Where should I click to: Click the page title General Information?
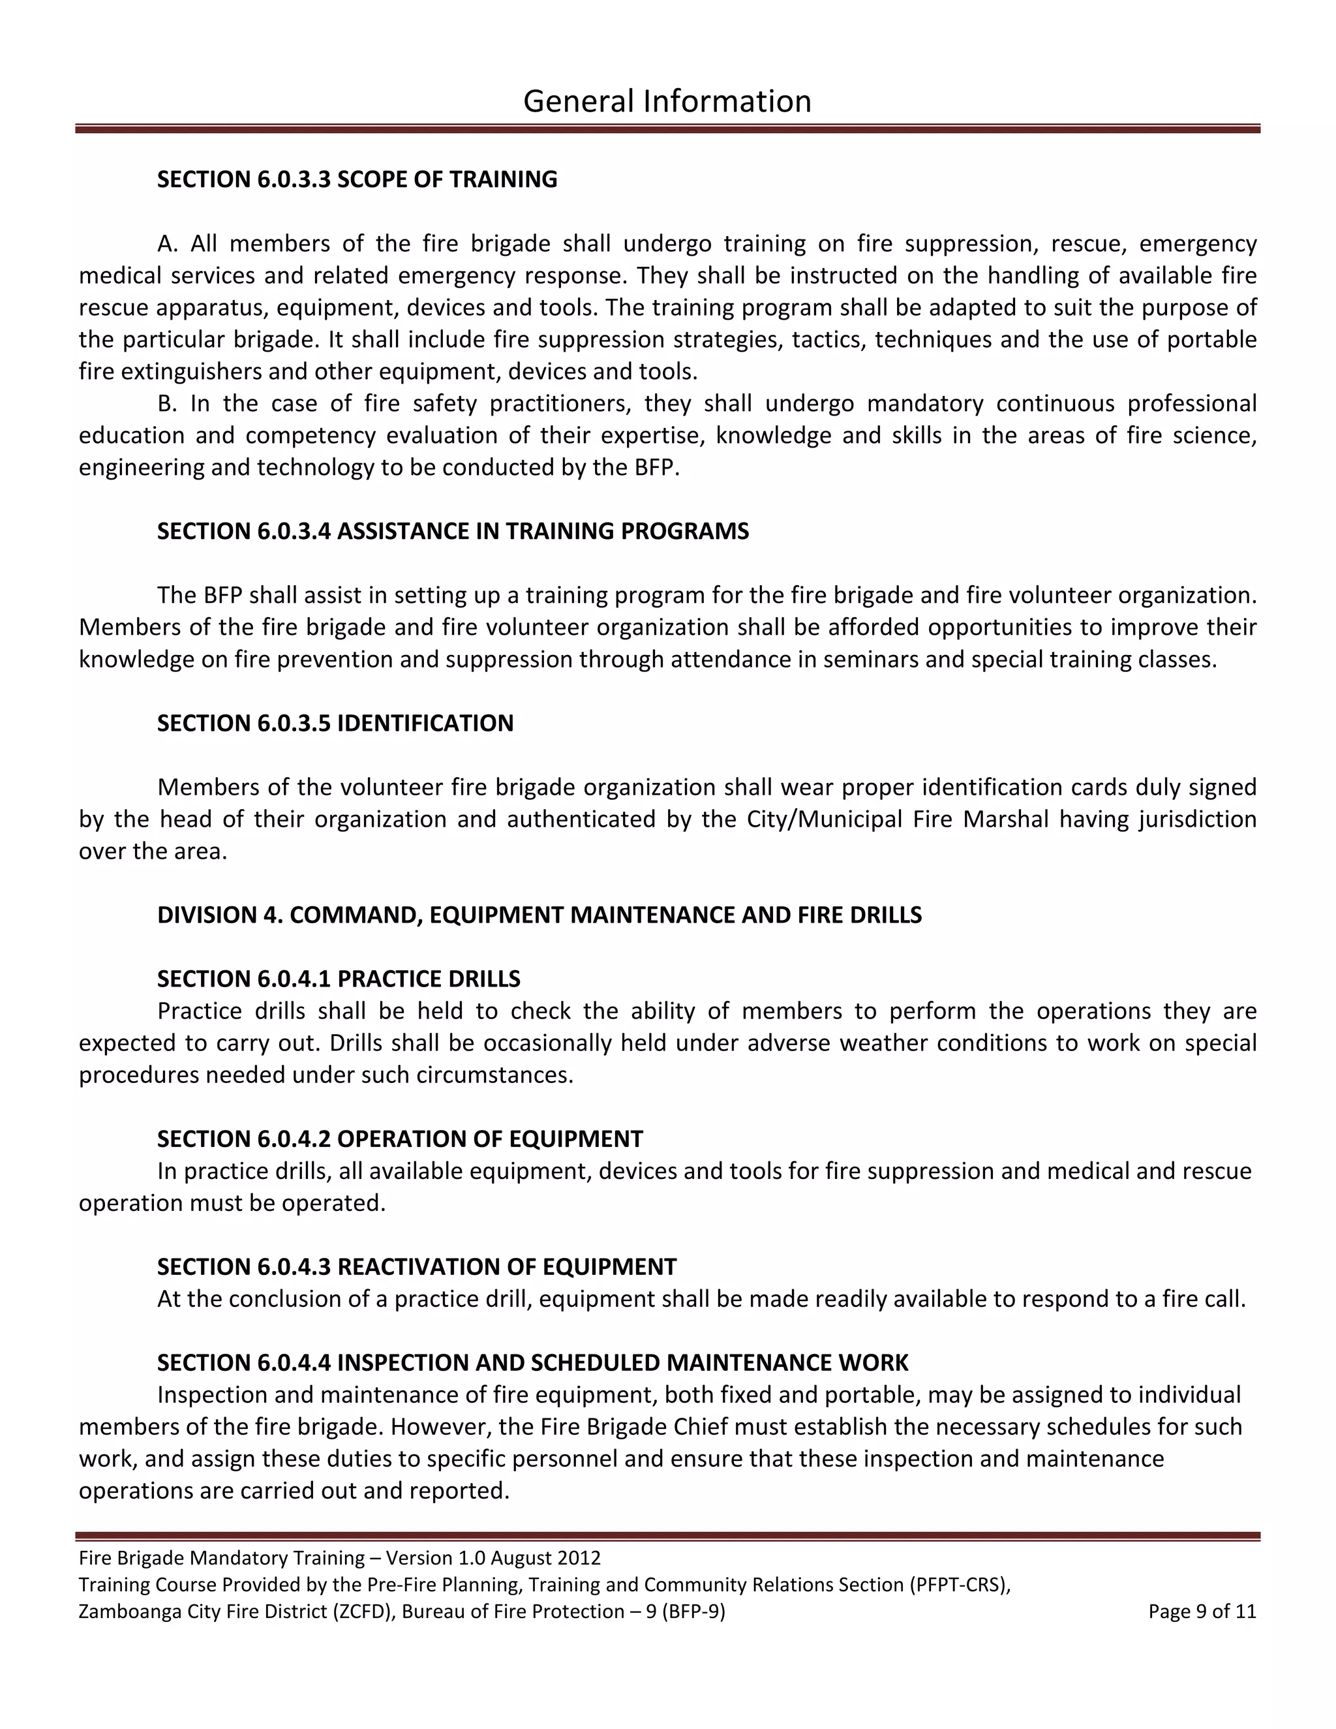[667, 101]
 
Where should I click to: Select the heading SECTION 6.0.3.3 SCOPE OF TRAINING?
[357, 179]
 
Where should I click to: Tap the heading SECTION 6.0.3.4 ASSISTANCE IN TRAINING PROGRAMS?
[453, 531]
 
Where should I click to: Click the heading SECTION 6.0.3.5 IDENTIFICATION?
[335, 724]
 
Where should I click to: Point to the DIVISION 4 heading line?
[539, 915]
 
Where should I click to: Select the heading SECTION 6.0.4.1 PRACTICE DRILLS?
[339, 979]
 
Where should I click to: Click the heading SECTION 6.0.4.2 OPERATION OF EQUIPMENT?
[400, 1139]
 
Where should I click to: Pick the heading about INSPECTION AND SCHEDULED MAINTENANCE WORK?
[533, 1362]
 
